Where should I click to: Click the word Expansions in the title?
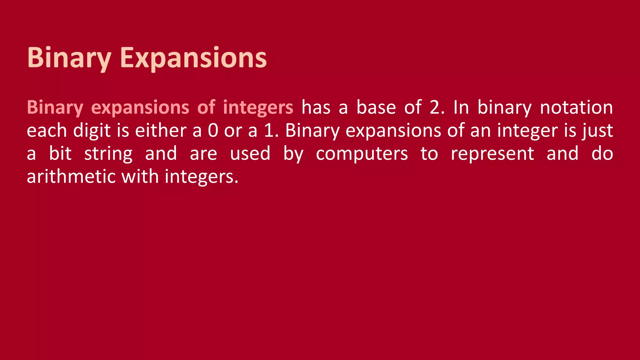pyautogui.click(x=193, y=58)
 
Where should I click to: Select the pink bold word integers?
pyautogui.click(x=258, y=108)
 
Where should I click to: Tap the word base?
pyautogui.click(x=376, y=107)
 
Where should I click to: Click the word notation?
pyautogui.click(x=576, y=107)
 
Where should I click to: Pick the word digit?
pyautogui.click(x=92, y=131)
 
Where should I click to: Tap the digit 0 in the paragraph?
pyautogui.click(x=213, y=131)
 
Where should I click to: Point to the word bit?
pyautogui.click(x=60, y=154)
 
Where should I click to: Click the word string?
pyautogui.click(x=108, y=154)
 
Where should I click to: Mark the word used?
pyautogui.click(x=250, y=154)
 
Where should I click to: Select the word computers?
pyautogui.click(x=362, y=154)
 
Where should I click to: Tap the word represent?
pyautogui.click(x=492, y=154)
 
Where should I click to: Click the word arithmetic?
pyautogui.click(x=71, y=177)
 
